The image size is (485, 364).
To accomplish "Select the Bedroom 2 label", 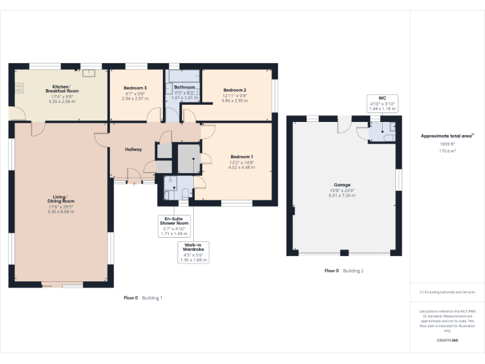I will tap(234, 90).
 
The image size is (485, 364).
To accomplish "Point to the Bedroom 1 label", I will tap(242, 157).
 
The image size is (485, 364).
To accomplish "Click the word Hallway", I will tap(133, 149).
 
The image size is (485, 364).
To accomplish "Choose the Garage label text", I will tap(342, 185).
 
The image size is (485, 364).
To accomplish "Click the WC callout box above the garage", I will tap(381, 104).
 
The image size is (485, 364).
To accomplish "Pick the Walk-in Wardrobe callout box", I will tap(194, 252).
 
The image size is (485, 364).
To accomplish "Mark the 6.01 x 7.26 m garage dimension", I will tap(342, 196).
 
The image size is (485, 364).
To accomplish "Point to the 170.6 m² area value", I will tap(447, 151).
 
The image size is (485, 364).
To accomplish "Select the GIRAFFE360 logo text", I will tap(447, 341).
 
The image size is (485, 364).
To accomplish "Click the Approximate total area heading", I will tap(447, 136).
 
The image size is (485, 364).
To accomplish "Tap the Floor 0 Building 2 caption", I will tap(344, 270).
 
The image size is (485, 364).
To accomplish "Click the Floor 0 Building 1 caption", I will tap(143, 298).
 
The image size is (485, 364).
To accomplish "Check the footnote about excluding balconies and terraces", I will tap(447, 292).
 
